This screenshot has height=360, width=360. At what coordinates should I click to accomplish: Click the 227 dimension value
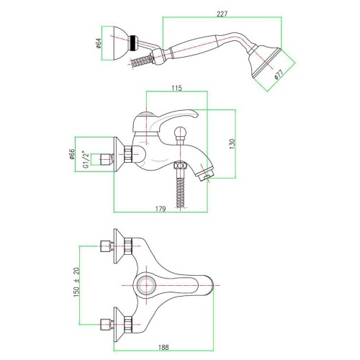tap(222, 14)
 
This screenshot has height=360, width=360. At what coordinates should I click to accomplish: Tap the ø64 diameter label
tap(99, 43)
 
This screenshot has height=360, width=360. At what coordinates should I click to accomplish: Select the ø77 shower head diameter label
tap(279, 74)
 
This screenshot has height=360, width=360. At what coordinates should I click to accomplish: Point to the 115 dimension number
tap(176, 88)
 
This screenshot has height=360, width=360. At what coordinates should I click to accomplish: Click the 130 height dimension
tap(233, 144)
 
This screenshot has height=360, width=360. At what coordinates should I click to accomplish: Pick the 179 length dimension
tap(161, 209)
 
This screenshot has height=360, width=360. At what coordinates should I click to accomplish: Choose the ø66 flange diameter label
tap(72, 154)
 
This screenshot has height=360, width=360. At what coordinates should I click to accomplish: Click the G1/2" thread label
tap(86, 159)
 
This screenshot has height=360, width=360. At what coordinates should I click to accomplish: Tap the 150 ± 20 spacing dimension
tap(76, 282)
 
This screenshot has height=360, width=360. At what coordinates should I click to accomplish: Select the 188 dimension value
tap(163, 347)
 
